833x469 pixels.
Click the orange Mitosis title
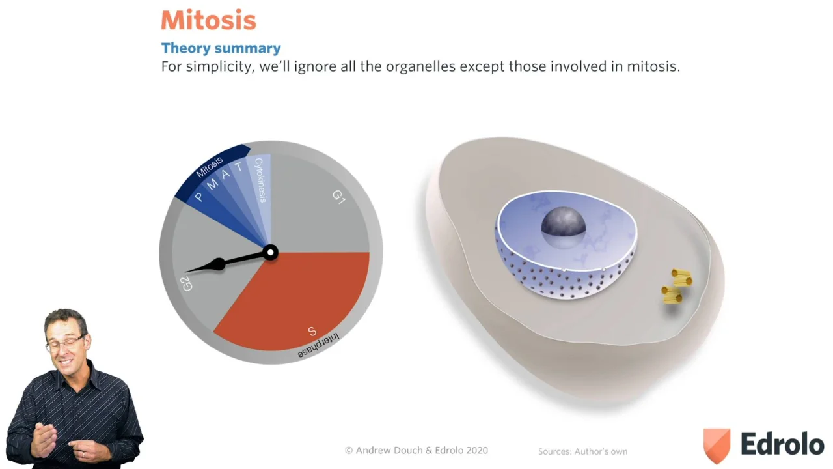tap(209, 20)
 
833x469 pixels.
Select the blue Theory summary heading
tap(221, 48)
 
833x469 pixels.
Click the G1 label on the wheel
tap(339, 197)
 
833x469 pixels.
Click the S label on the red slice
tap(312, 331)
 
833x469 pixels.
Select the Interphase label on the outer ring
tap(319, 346)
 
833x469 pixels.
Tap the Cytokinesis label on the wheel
tap(260, 180)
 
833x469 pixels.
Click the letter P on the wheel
tap(199, 197)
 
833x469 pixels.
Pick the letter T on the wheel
tap(239, 167)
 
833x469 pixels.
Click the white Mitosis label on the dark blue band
tap(209, 167)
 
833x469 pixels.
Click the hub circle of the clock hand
tap(270, 253)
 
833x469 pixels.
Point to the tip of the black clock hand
tap(185, 272)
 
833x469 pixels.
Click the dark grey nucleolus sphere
tap(564, 223)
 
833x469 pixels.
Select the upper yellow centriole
tap(681, 277)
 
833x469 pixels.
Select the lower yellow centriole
tap(672, 294)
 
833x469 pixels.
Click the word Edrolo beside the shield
tap(782, 444)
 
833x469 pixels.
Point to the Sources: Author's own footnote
tap(582, 451)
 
